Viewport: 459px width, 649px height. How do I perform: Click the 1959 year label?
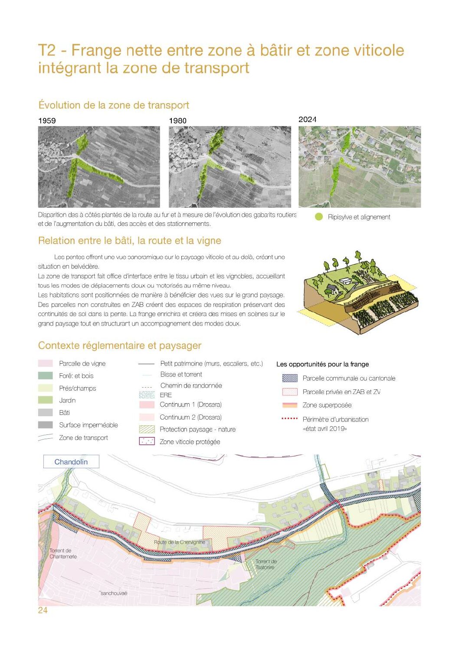point(47,121)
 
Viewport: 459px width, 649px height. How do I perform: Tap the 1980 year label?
point(177,121)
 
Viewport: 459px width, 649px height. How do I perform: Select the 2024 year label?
point(307,119)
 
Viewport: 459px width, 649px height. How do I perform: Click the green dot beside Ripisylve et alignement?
point(319,217)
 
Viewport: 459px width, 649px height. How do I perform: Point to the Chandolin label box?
point(71,462)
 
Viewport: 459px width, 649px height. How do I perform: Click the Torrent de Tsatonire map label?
point(266,564)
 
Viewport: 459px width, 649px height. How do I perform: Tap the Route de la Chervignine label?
point(180,542)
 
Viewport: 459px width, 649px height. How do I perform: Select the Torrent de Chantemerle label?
point(63,553)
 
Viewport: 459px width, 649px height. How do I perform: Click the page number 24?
point(43,610)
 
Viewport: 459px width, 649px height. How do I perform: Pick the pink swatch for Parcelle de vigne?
point(45,363)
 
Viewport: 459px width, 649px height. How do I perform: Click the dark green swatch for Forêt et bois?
point(45,375)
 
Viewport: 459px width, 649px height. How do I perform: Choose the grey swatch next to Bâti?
point(45,412)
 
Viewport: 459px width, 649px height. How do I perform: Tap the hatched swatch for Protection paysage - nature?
point(147,429)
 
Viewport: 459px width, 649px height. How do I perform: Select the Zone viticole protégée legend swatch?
point(147,441)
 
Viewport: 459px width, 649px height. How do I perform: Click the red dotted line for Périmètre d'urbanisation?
point(289,419)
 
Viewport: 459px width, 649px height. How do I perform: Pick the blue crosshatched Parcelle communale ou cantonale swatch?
point(289,378)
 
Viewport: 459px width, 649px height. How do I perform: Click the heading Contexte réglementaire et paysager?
point(120,346)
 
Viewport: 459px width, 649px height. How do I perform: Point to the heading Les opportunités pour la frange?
point(322,364)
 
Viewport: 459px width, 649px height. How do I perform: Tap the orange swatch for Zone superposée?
point(289,405)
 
